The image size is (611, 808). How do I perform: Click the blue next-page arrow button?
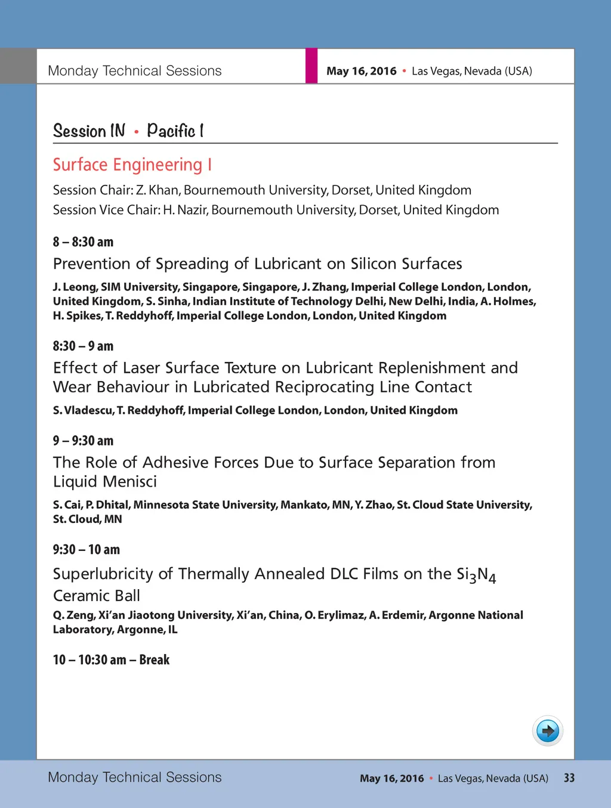point(548,730)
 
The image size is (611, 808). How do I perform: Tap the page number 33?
point(569,778)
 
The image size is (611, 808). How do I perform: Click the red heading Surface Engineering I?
point(132,165)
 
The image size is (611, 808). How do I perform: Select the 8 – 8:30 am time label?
point(83,242)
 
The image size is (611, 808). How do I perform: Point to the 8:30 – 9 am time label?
point(83,346)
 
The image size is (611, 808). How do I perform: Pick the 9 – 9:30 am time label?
point(83,441)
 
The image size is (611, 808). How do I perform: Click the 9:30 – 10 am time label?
point(86,550)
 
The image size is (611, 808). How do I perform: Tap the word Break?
point(155,660)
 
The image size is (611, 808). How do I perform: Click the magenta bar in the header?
point(311,66)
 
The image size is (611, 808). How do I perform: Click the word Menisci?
point(131,482)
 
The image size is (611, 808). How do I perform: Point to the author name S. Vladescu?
point(82,410)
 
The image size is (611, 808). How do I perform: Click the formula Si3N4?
point(476,575)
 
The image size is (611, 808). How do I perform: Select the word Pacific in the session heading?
point(171,131)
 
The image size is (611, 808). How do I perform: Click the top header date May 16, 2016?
point(361,71)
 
